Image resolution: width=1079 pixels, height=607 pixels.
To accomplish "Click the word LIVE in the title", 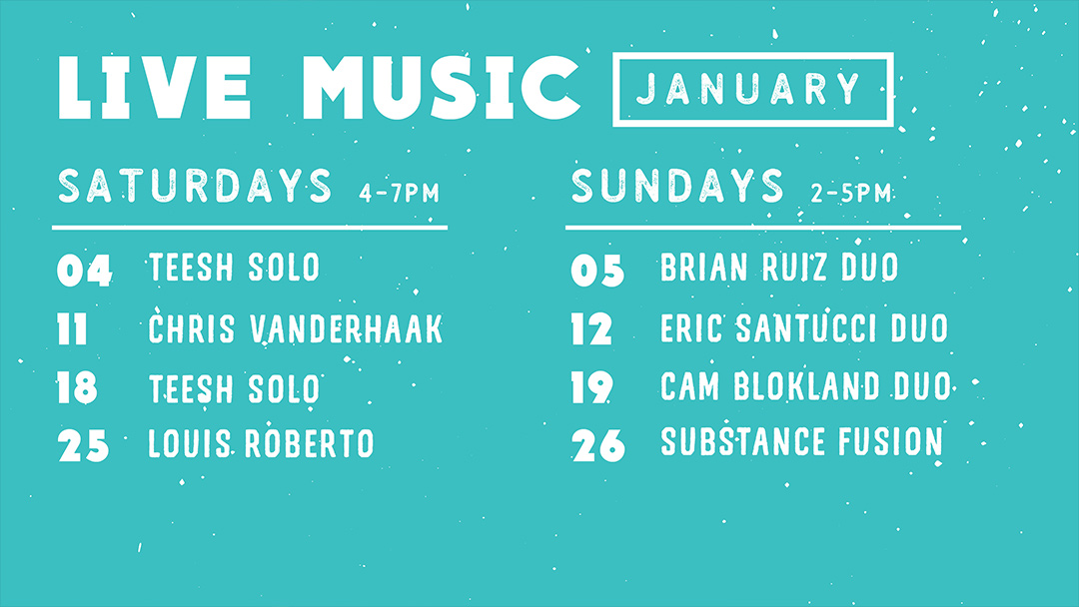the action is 154,88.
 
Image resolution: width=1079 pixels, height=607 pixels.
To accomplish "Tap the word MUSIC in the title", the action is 442,88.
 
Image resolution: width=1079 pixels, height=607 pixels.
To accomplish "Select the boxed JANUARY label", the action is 753,90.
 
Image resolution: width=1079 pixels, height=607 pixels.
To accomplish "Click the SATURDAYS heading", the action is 195,186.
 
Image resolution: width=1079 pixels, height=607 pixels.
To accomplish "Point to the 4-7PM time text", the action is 399,193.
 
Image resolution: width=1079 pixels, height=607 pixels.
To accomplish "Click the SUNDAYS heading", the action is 677,186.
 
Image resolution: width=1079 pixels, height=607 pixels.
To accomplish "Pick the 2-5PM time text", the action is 850,193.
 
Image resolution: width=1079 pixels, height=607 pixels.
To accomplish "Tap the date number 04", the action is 84,271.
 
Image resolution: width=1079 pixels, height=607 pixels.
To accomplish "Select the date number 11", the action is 72,328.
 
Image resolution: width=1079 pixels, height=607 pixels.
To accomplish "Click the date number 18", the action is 77,387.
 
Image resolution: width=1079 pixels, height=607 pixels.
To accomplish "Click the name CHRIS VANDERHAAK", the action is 295,328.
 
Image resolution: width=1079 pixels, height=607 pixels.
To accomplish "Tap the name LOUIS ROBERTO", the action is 261,443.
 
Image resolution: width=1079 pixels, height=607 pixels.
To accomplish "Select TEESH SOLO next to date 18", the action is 234,388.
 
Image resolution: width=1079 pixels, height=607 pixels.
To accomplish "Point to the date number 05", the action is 597,271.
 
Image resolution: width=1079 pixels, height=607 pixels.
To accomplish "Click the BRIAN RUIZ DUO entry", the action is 779,267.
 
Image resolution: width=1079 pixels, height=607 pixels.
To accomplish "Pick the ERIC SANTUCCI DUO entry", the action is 803,327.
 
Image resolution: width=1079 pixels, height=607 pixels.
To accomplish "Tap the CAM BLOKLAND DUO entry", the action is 805,385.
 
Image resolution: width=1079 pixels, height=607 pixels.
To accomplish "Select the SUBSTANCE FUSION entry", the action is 801,441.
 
